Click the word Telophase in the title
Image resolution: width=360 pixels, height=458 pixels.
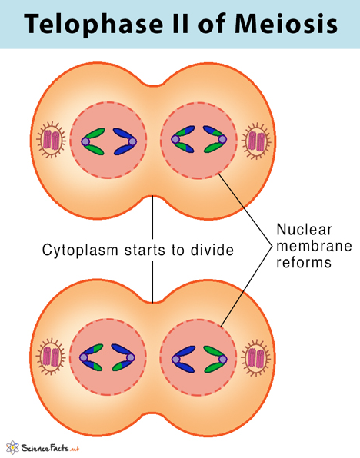(x=93, y=24)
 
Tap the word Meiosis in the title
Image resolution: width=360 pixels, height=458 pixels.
(x=286, y=23)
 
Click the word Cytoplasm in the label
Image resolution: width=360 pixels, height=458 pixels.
(x=80, y=251)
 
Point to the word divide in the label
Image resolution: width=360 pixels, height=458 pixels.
(x=212, y=250)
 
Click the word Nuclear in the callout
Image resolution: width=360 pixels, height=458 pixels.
(x=304, y=230)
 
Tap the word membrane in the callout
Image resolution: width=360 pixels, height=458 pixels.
(x=314, y=246)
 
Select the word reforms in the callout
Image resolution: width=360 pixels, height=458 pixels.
(x=304, y=262)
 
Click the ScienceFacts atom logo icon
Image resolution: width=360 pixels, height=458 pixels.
(x=12, y=447)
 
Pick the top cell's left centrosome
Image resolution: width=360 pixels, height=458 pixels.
(x=52, y=140)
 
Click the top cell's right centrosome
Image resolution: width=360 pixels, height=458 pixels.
(x=256, y=141)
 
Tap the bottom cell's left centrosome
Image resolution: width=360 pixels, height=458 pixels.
(x=51, y=356)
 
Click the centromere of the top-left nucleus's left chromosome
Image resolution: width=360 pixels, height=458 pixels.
(x=85, y=141)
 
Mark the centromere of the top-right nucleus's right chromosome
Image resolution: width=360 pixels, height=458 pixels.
(x=222, y=139)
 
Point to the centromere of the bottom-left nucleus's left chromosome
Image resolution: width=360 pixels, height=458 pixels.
(x=84, y=357)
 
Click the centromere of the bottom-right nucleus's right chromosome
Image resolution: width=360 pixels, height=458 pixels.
(x=223, y=359)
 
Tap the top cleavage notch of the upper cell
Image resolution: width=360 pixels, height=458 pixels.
(x=153, y=85)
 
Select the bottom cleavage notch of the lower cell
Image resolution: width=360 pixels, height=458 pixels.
(x=152, y=414)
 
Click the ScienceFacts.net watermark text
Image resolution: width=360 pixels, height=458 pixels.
(x=50, y=448)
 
